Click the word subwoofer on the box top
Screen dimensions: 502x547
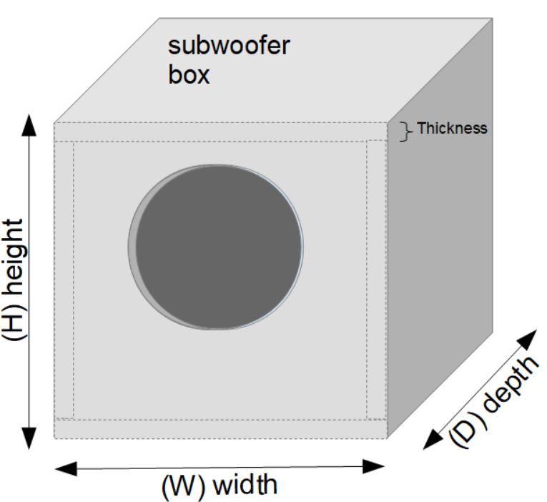click(229, 47)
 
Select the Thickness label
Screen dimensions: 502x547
click(452, 129)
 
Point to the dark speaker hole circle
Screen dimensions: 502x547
click(219, 247)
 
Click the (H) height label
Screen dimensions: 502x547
click(16, 279)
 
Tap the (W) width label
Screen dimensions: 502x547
click(219, 486)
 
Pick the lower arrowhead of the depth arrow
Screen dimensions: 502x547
click(433, 439)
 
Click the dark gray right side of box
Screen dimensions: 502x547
click(440, 250)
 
